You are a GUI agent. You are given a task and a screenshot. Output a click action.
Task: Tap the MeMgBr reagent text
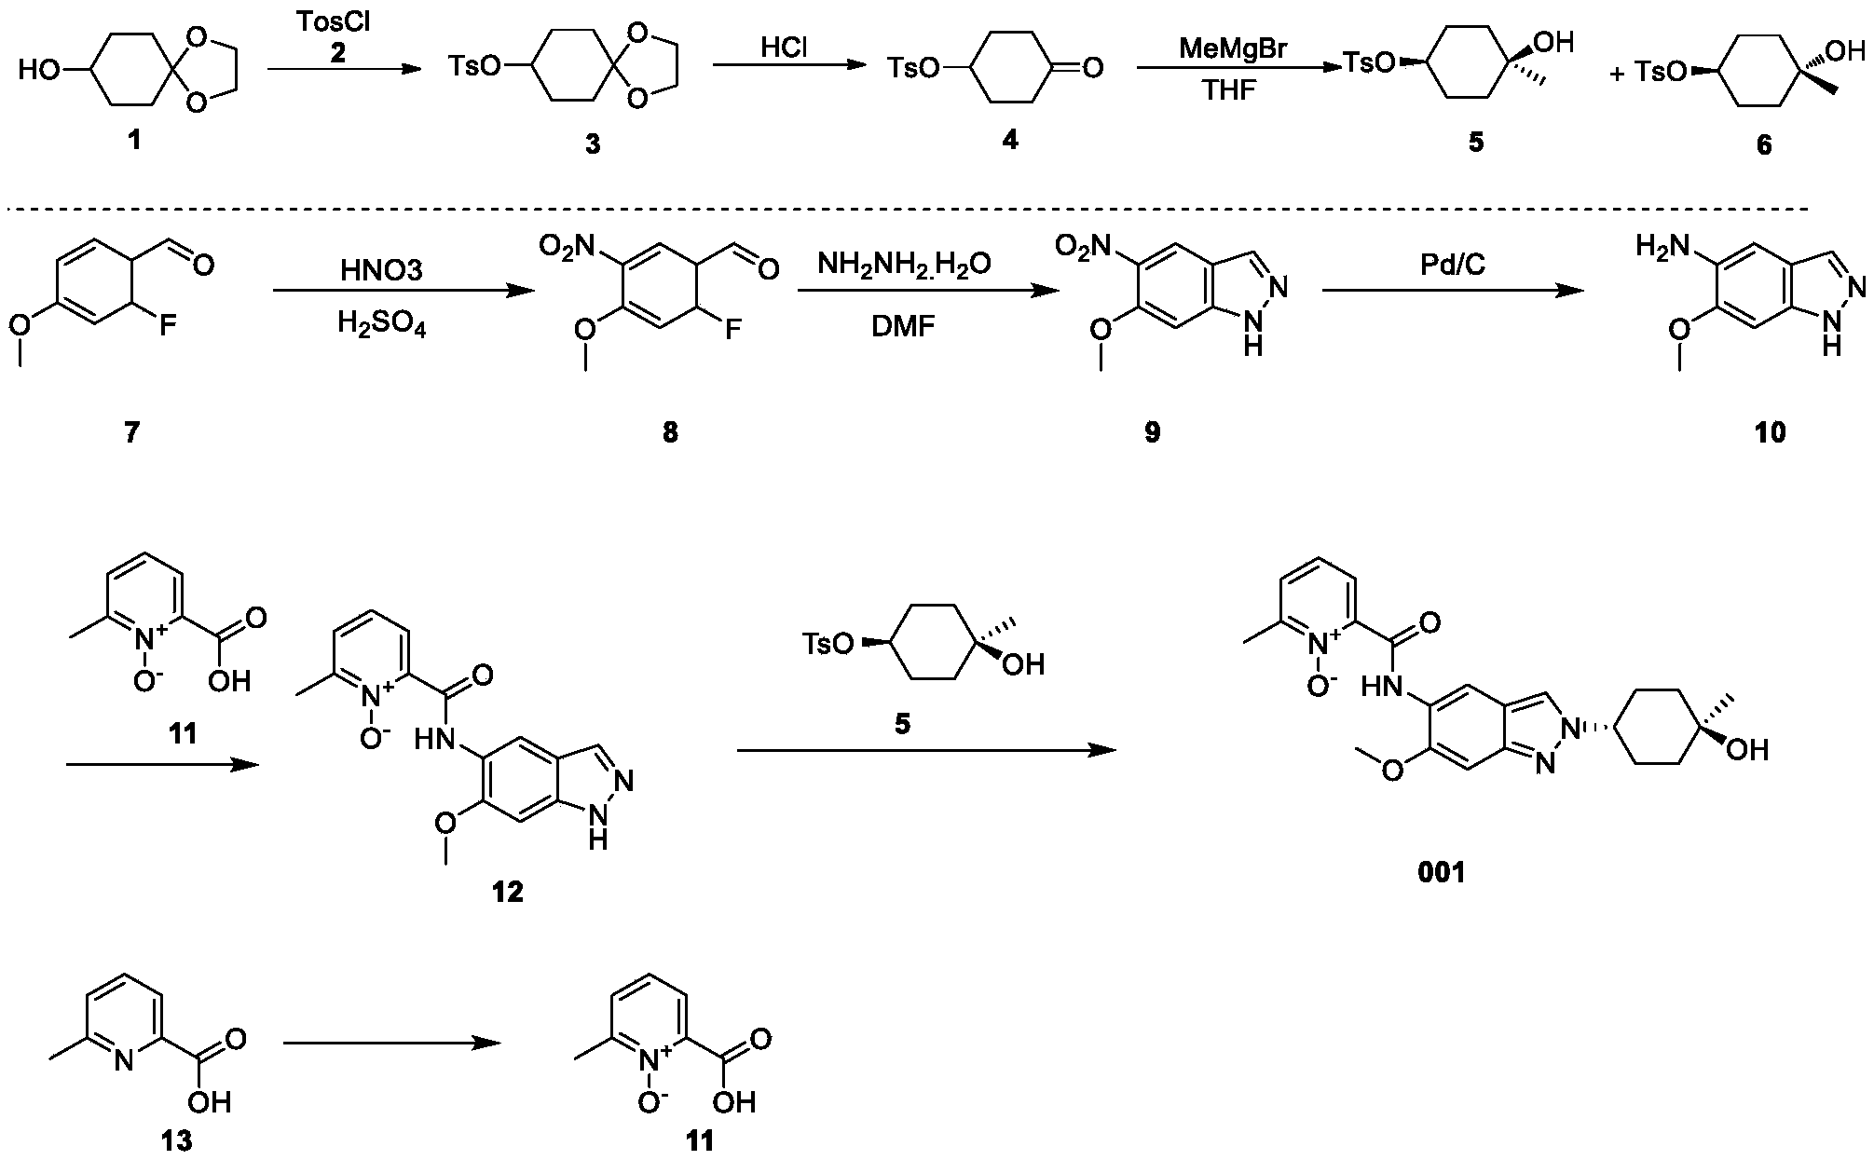[x=1232, y=48]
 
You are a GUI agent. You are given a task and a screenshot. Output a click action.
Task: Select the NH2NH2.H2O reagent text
[x=904, y=265]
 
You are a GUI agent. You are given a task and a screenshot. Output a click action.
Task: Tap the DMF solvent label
[x=903, y=326]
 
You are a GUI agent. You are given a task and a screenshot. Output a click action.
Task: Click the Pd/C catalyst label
[x=1453, y=265]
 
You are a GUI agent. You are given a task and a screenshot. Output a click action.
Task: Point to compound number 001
[x=1442, y=872]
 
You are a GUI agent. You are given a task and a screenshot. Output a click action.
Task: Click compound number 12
[x=508, y=892]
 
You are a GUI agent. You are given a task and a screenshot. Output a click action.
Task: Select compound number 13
[x=176, y=1140]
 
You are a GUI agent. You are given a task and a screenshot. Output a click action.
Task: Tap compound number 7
[x=131, y=432]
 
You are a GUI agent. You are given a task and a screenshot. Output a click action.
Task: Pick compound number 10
[x=1770, y=432]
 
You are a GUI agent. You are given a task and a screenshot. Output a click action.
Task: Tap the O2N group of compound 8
[x=568, y=246]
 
